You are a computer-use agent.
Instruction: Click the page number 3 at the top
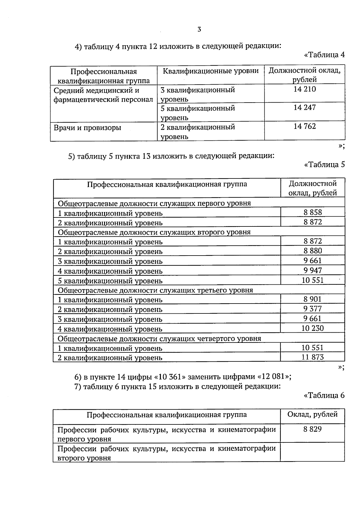[x=199, y=29]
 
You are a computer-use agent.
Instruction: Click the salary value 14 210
[x=304, y=89]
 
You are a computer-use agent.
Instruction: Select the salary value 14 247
[x=304, y=107]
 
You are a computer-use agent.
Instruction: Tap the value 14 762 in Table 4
[x=304, y=126]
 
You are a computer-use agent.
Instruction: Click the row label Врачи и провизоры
[x=87, y=128]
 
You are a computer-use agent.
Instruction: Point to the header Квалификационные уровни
[x=211, y=71]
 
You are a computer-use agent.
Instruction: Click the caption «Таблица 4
[x=324, y=55]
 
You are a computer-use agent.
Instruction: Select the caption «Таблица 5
[x=324, y=165]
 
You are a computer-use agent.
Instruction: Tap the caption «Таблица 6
[x=324, y=396]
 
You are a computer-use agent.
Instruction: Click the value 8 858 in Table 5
[x=313, y=212]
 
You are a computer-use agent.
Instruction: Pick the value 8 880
[x=313, y=251]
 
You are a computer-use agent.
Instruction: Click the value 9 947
[x=313, y=270]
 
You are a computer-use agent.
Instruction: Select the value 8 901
[x=313, y=299]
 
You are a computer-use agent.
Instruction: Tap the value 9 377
[x=313, y=308]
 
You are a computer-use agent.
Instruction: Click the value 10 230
[x=313, y=328]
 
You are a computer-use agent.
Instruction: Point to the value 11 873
[x=313, y=357]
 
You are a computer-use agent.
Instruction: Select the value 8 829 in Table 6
[x=313, y=429]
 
